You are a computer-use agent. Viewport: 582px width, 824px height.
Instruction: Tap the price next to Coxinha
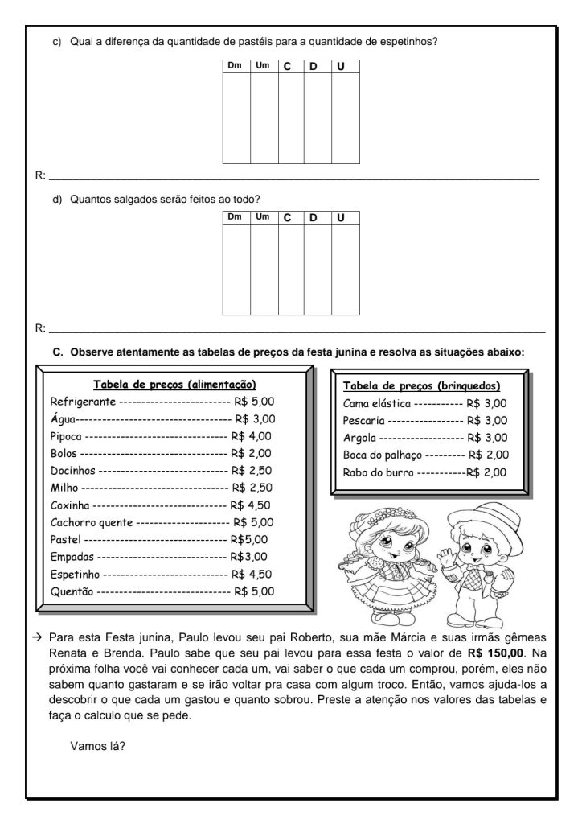click(250, 505)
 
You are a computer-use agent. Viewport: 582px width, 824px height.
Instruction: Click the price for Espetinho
click(252, 574)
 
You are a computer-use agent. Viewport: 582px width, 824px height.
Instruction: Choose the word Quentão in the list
click(72, 591)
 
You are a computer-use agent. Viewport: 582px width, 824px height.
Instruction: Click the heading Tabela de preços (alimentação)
click(174, 384)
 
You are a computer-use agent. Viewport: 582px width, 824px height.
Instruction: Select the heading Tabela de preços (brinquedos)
click(421, 385)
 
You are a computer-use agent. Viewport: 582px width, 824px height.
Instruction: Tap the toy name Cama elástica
click(377, 403)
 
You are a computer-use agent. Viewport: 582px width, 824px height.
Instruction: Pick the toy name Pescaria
click(364, 420)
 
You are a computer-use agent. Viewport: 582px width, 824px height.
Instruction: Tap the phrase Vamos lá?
click(97, 745)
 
